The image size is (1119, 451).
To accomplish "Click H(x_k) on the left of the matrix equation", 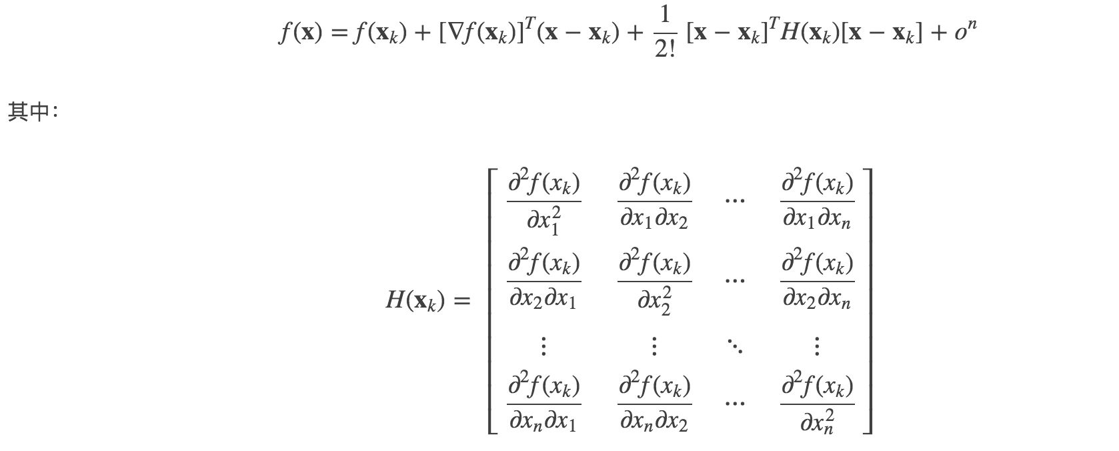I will tap(414, 302).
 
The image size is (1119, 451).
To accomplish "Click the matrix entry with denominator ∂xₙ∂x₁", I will tap(543, 404).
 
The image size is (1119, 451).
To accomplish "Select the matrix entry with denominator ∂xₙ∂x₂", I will tap(654, 404).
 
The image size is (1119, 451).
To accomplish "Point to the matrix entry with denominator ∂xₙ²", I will tap(817, 404).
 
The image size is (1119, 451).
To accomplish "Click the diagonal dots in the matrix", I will tap(735, 346).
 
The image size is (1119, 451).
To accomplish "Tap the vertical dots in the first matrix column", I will tap(543, 346).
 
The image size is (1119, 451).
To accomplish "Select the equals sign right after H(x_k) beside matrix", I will tap(461, 302).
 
